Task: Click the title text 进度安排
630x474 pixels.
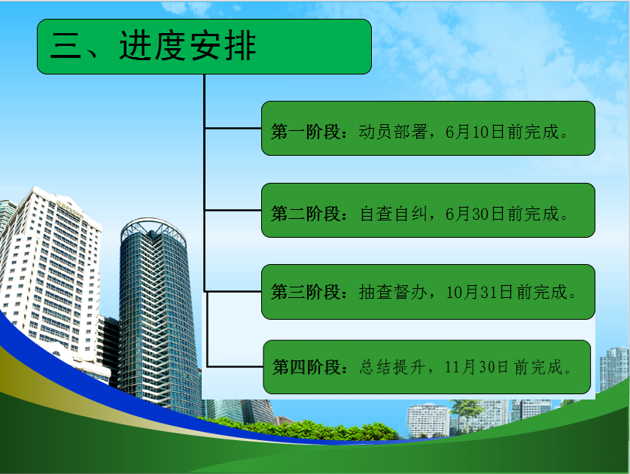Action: coord(187,46)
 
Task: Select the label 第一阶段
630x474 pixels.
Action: coord(306,132)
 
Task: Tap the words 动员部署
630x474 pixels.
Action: coord(393,132)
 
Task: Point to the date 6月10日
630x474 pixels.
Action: coord(474,132)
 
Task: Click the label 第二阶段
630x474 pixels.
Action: coord(306,214)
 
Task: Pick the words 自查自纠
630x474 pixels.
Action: coord(394,214)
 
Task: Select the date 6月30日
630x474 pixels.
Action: coord(474,214)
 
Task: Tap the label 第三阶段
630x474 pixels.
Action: coord(306,292)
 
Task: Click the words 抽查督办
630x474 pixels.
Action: coord(393,292)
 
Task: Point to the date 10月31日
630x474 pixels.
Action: coord(479,292)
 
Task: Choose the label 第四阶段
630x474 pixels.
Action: coord(307,367)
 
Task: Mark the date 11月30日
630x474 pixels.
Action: coord(476,367)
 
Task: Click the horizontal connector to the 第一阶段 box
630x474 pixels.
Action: coord(233,128)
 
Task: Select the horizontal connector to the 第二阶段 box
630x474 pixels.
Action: coord(233,210)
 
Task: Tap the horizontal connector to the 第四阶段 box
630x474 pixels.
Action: coord(235,366)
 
